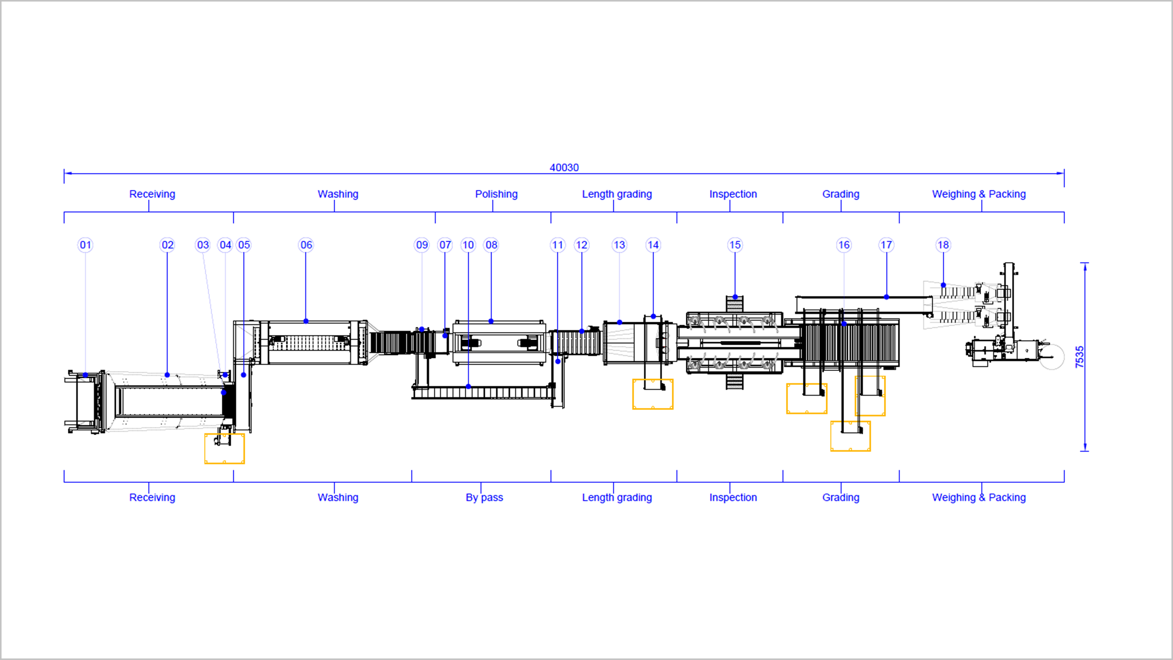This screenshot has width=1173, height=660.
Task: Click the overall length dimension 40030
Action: click(564, 168)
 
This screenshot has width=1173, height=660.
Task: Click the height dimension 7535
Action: click(1079, 357)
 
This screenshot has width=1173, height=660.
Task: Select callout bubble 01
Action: click(85, 245)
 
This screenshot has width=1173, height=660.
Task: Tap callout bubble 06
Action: click(306, 245)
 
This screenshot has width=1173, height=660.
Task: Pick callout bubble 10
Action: click(468, 245)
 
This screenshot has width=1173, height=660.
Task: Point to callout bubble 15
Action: click(735, 245)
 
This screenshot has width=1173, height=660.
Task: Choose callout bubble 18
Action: click(943, 245)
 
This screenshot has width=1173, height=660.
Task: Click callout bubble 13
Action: click(619, 245)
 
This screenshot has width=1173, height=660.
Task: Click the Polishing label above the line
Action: click(496, 194)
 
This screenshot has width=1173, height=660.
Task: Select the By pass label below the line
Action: click(484, 497)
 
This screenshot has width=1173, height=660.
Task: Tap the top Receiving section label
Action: click(152, 194)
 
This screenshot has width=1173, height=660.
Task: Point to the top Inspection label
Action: click(733, 194)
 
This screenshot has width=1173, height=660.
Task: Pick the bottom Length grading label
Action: click(616, 497)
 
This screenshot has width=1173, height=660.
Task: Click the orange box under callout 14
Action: click(652, 394)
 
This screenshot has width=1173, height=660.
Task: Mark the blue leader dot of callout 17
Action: click(886, 297)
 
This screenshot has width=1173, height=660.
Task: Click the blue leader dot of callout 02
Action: click(167, 375)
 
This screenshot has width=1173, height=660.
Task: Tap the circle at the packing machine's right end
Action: click(1052, 357)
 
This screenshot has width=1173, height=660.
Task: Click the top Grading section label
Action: click(841, 194)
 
